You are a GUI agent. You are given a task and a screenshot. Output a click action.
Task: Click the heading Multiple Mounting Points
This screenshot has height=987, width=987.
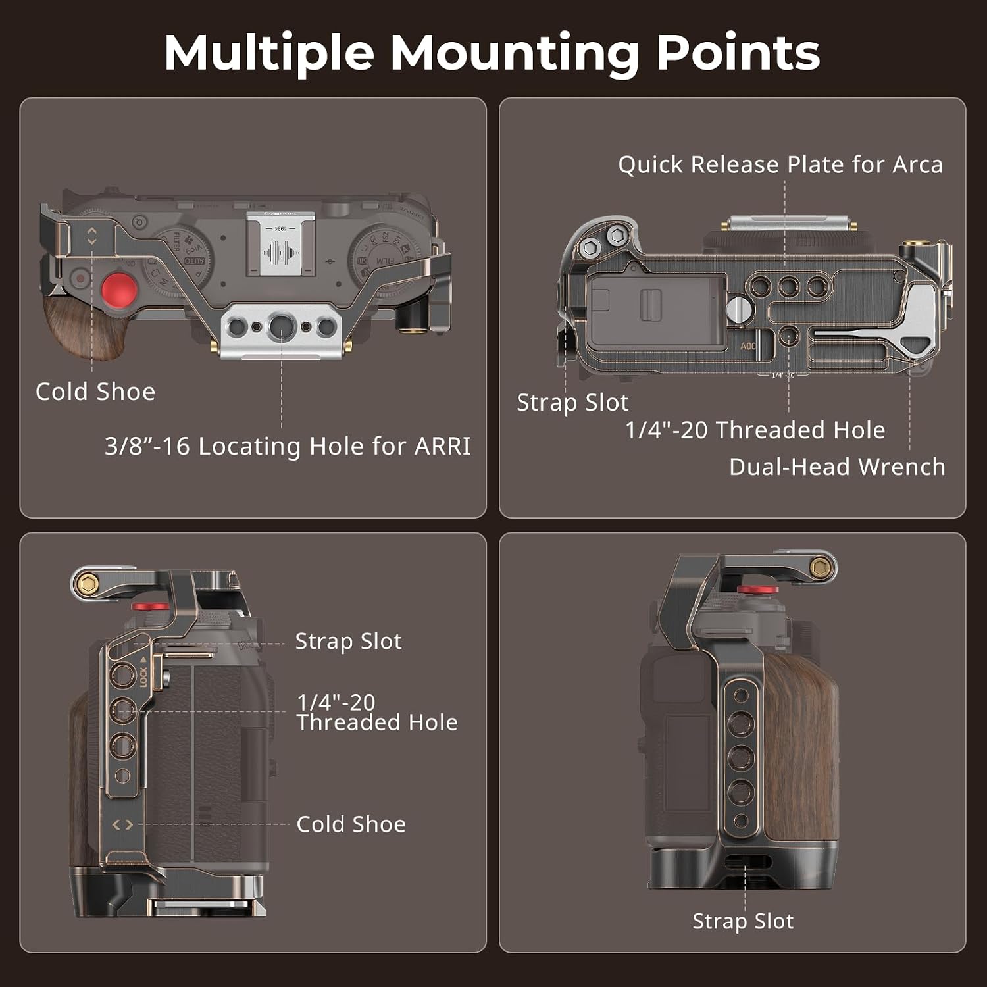point(492,53)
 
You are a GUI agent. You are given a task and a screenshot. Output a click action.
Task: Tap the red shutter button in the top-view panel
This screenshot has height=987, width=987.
point(119,289)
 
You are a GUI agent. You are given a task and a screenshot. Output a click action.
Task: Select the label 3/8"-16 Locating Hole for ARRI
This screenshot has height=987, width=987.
point(288,446)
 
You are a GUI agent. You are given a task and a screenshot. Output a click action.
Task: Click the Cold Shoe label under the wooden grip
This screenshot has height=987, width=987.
point(95,392)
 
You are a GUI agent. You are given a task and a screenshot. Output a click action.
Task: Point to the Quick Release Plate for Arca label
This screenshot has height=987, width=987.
point(780,164)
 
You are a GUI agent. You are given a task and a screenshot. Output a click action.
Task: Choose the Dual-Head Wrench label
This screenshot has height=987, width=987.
point(837,467)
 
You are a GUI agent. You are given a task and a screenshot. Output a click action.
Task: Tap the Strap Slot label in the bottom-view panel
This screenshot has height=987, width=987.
point(572,402)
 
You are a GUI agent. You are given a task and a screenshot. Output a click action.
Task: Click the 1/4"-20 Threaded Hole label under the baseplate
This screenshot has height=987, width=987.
point(755,430)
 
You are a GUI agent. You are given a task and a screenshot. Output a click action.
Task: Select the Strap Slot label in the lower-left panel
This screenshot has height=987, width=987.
point(348,641)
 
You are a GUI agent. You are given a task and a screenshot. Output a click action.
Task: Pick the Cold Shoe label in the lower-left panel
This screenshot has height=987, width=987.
point(351,824)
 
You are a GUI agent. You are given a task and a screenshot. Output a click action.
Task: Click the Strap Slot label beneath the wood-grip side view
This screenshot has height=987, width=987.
point(743,921)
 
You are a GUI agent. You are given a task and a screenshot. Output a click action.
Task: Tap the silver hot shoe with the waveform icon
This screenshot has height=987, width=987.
point(280,243)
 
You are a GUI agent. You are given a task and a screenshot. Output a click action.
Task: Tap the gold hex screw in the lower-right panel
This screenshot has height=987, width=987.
point(820,568)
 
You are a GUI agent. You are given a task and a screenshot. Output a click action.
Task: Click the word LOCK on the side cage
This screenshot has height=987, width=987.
point(143,676)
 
